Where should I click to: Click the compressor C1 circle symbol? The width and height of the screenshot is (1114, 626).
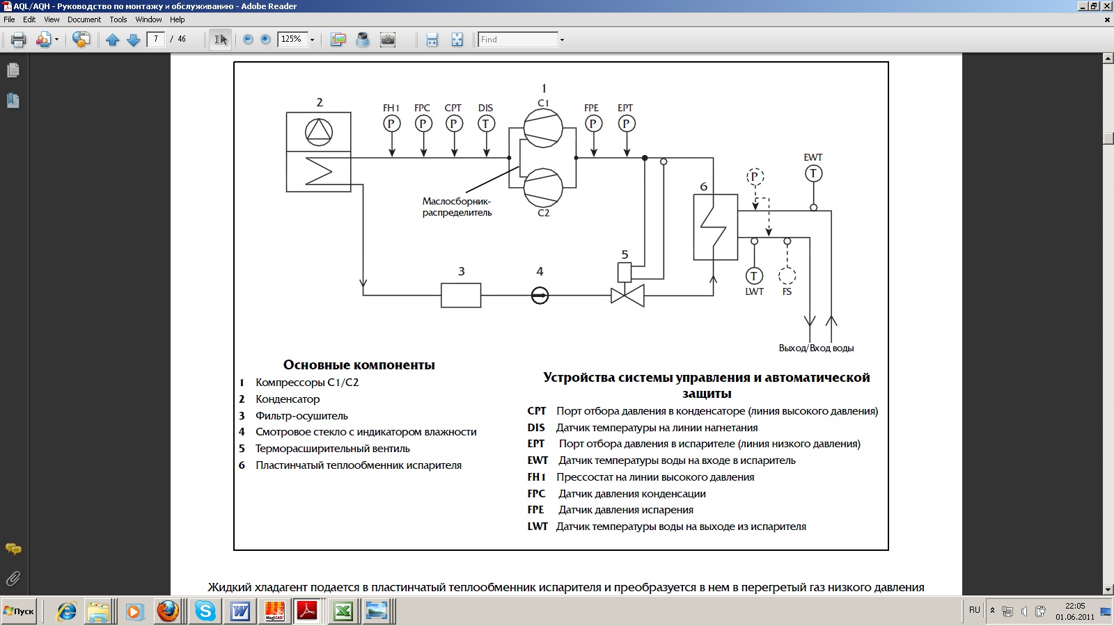[542, 128]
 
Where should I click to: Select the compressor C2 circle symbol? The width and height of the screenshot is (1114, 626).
[542, 188]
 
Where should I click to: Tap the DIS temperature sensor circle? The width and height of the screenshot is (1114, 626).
[486, 123]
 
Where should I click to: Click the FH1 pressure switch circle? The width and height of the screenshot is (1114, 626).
[391, 123]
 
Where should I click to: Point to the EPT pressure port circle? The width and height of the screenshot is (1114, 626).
[626, 123]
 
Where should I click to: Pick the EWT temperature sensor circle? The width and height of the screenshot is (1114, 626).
[813, 173]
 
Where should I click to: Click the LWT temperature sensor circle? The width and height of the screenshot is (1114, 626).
[754, 275]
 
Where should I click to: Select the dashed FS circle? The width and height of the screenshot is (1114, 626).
[787, 275]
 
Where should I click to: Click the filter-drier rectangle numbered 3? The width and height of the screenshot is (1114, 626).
[461, 295]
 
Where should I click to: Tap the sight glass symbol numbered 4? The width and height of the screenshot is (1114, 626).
[540, 295]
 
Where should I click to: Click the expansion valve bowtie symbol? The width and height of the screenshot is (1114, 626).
[627, 296]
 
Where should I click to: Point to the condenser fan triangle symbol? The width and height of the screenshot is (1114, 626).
[318, 132]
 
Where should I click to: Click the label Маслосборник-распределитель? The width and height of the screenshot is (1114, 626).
[457, 207]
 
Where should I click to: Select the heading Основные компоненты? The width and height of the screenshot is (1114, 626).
[359, 364]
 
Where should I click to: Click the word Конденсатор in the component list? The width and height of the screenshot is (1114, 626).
[288, 399]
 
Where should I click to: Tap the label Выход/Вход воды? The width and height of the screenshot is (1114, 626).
[816, 348]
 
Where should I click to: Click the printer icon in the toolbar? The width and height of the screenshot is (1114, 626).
[18, 39]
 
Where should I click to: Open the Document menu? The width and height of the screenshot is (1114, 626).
[84, 19]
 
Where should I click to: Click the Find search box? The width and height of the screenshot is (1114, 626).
[518, 39]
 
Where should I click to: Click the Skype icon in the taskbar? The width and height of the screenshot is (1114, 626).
[205, 611]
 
